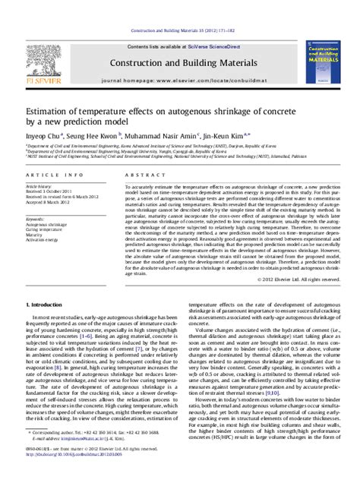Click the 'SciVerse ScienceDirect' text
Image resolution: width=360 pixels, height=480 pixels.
click(x=200, y=25)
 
